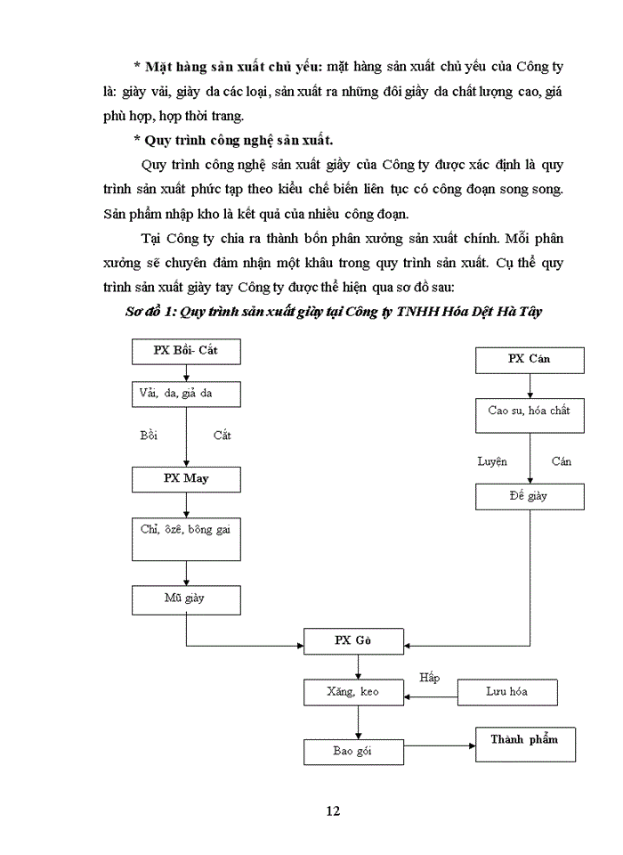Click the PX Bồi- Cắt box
tap(185, 351)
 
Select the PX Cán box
tap(529, 359)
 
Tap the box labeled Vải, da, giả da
tap(185, 394)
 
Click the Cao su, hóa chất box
tap(529, 411)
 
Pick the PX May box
tap(185, 479)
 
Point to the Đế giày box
tap(529, 496)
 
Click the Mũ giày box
tap(185, 598)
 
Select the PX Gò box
tap(353, 641)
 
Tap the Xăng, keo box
tap(353, 691)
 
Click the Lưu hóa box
tap(506, 691)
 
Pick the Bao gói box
tap(353, 751)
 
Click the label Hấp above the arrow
tap(431, 678)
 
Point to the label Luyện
tap(491, 461)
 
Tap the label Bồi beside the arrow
tap(149, 436)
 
